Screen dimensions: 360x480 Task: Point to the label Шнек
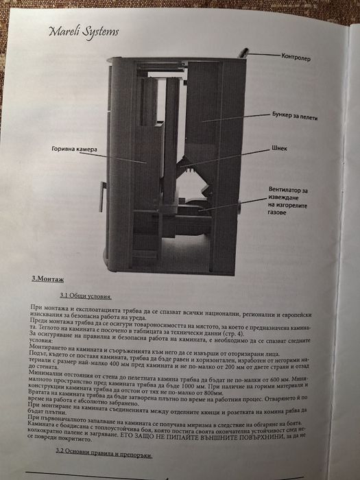tap(279, 147)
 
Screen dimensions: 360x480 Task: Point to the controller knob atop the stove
tap(241, 52)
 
